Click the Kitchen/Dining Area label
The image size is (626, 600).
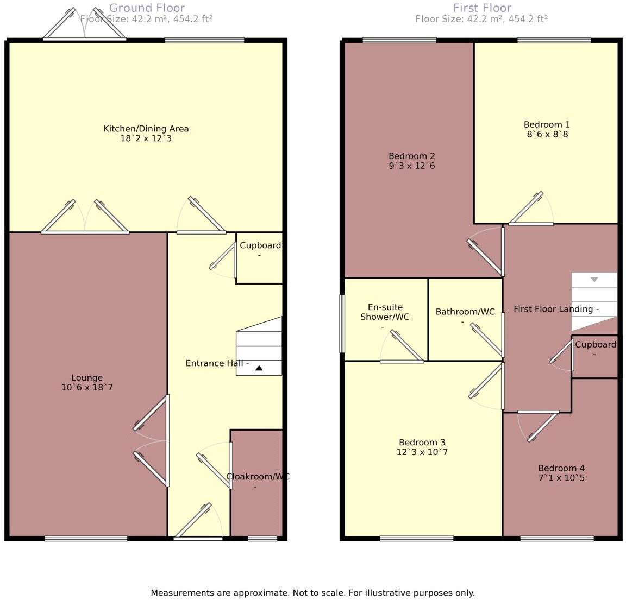pos(146,129)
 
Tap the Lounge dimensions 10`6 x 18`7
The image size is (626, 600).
pos(87,388)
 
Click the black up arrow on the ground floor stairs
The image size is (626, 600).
pos(259,368)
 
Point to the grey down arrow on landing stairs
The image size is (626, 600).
pos(594,280)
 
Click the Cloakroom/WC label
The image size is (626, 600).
pos(258,477)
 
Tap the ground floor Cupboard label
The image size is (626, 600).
pos(260,245)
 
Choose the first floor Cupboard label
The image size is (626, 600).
pos(596,345)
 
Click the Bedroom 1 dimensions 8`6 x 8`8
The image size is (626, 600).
pos(547,134)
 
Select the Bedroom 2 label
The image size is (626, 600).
pos(411,156)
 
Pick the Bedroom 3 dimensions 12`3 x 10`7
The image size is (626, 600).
pos(423,452)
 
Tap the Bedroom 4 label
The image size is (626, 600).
pos(561,468)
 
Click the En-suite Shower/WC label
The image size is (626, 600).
pos(385,312)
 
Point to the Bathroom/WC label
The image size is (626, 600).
pos(465,312)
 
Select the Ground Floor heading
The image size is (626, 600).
pos(147,8)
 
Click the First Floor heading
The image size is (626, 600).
pos(482,8)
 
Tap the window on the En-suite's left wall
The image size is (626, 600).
pos(342,324)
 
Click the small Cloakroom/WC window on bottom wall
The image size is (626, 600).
pos(262,539)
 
